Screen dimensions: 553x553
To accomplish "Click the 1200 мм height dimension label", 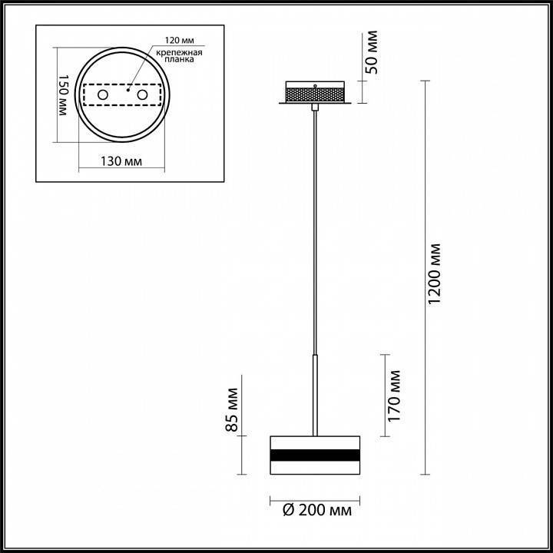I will coord(435,275).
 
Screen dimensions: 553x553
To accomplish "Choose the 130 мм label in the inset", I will coord(122,163).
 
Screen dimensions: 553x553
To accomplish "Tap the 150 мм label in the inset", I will coord(64,96).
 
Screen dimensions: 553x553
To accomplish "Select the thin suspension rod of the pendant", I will coord(315,230).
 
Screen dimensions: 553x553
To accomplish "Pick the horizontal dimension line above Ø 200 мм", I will coord(315,499).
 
